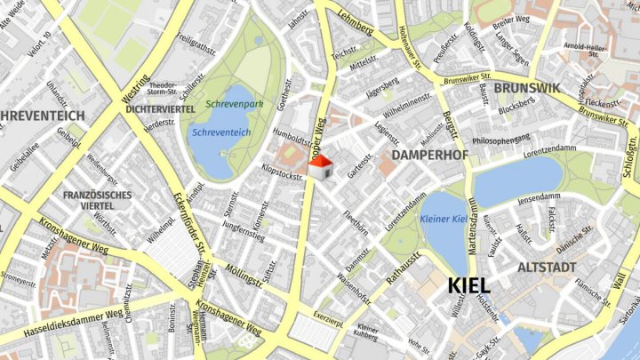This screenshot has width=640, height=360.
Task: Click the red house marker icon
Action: pyautogui.click(x=320, y=166)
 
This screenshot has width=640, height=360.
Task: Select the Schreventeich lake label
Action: pyautogui.click(x=220, y=132)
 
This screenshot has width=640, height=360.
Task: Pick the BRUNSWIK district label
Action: pyautogui.click(x=526, y=88)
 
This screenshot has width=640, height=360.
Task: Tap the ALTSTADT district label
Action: pyautogui.click(x=546, y=267)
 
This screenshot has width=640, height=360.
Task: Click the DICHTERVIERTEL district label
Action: pyautogui.click(x=160, y=108)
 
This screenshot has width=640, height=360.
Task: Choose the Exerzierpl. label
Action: pyautogui.click(x=327, y=324)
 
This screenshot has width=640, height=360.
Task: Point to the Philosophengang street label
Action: pyautogui.click(x=507, y=140)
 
